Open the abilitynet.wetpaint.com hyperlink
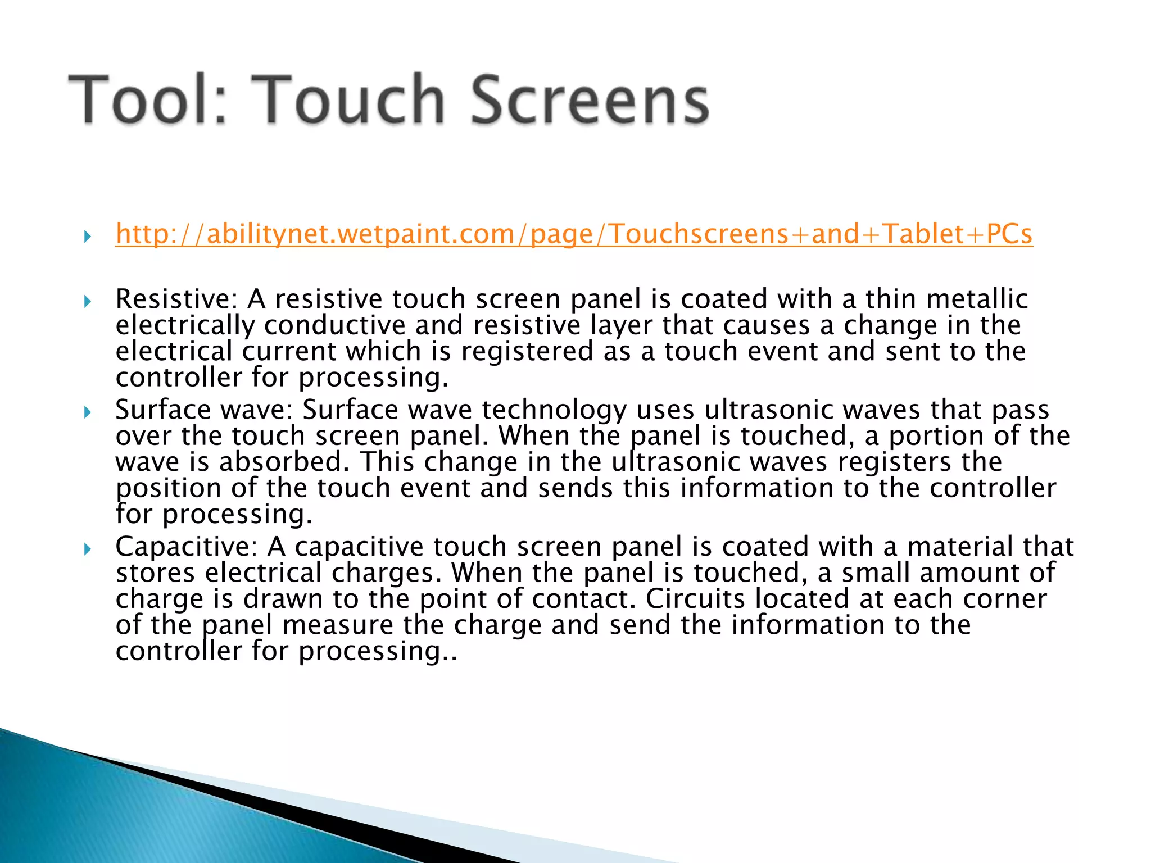pos(574,234)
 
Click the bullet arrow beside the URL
pos(87,236)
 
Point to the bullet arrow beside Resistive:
pos(87,302)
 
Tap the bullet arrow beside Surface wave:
pos(87,412)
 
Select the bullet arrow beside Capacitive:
pos(87,549)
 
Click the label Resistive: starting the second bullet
pos(176,299)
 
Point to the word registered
pos(527,352)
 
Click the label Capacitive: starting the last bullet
pos(187,547)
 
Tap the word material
pos(959,547)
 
